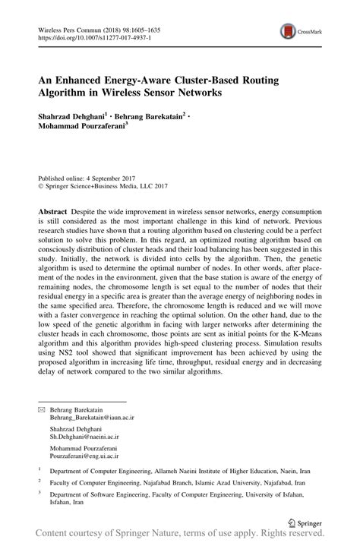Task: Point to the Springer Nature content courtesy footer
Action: [180, 537]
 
